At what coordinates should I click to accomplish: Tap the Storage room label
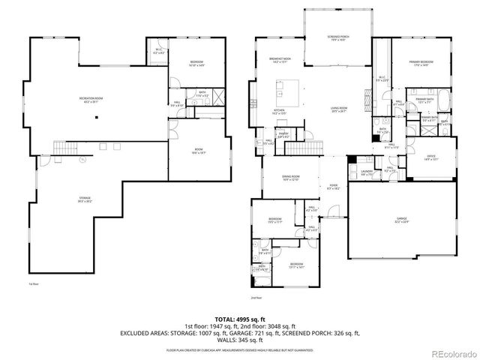85,199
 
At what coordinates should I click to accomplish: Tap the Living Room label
339,109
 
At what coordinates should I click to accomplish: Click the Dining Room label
289,178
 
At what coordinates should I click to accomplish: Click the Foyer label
333,187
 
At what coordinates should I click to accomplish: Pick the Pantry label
283,136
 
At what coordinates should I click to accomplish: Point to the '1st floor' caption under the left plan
34,283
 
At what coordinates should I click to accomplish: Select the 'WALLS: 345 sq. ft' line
240,341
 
